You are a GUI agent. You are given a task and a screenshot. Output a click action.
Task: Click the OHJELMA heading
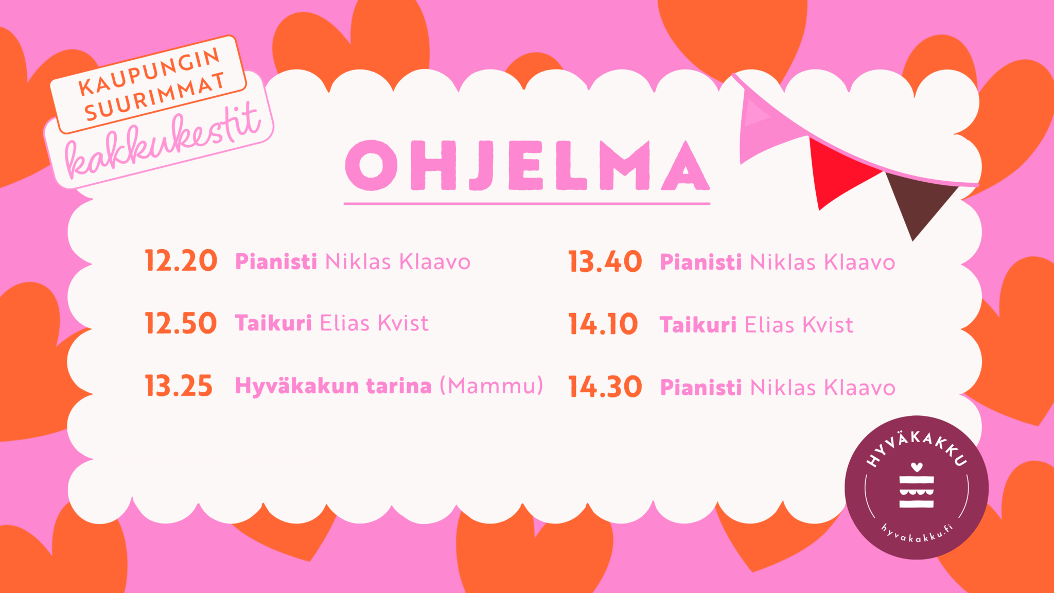click(527, 166)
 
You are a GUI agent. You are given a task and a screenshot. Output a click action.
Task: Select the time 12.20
click(181, 261)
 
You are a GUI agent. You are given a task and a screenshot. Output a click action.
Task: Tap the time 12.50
click(181, 323)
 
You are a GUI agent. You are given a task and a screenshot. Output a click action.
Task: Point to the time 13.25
click(179, 386)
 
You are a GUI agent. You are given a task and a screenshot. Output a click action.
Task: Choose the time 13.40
click(605, 262)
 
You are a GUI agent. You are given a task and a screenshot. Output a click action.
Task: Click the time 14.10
click(603, 325)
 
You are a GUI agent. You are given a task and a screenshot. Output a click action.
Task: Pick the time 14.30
click(605, 387)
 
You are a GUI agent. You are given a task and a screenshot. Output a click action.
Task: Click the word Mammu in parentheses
click(492, 386)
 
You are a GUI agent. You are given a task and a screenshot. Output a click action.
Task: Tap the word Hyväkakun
click(297, 386)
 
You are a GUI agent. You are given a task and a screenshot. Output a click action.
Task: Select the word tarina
click(399, 386)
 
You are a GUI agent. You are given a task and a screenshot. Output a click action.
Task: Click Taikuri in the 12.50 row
click(273, 323)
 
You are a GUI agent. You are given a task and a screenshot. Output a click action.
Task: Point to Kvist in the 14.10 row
click(828, 325)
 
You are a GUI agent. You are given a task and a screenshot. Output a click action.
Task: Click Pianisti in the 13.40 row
click(701, 262)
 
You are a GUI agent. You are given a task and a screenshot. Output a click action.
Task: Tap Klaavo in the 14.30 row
click(859, 388)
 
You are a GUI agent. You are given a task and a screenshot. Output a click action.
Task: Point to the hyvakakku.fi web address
click(917, 534)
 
